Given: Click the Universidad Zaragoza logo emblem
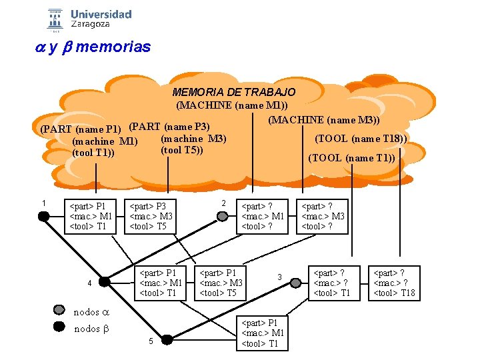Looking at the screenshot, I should click(55, 19).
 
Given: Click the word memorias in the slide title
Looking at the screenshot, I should click(113, 47).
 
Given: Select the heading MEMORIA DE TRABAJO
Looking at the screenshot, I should click(233, 92).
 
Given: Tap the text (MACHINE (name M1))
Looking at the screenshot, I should click(232, 105).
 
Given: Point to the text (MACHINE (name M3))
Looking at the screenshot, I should click(324, 120).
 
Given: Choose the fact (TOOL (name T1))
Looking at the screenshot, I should click(351, 158).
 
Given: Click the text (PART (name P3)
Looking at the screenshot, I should click(169, 127).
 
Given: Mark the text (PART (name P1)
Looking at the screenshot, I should click(81, 129).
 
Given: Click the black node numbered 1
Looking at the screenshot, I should click(44, 216).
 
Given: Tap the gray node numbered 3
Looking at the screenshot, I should click(296, 283).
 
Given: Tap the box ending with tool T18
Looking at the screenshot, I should click(395, 283).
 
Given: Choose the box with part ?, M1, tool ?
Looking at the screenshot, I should click(262, 216).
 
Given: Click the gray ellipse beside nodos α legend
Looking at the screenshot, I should click(60, 311).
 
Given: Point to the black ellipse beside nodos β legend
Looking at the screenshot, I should click(60, 327).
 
